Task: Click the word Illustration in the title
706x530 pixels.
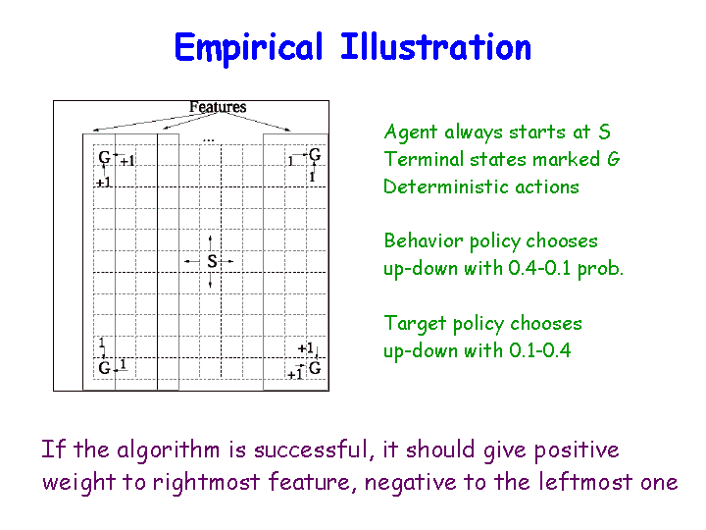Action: tap(435, 47)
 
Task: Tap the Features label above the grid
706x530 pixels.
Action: tap(218, 107)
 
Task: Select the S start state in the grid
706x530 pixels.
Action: tap(212, 261)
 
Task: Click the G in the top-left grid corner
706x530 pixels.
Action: tap(105, 157)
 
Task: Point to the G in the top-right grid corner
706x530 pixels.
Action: tap(315, 155)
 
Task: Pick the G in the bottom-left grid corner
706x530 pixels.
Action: tap(105, 368)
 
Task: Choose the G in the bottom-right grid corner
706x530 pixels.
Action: tap(315, 368)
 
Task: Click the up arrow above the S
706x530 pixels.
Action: tap(210, 243)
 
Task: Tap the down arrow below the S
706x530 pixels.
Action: tap(210, 280)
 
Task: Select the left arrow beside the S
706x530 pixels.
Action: tap(192, 261)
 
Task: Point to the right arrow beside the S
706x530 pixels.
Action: tap(227, 261)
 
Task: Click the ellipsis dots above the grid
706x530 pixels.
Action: tap(209, 141)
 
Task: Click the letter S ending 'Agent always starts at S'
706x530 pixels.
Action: tap(605, 132)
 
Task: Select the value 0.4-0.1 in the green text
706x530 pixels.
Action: tap(539, 268)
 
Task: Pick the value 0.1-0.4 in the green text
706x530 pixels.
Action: tap(540, 350)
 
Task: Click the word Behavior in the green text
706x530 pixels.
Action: tap(423, 240)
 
